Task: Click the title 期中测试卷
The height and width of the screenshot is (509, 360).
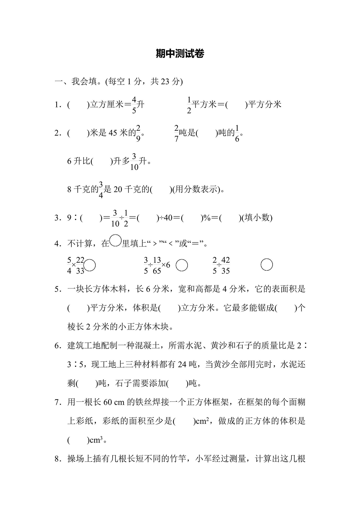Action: pos(180,54)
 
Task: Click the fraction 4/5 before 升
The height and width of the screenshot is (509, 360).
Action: pos(134,105)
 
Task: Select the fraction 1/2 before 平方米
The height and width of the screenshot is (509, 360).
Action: pos(189,105)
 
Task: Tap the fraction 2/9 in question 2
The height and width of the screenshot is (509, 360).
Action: pos(138,133)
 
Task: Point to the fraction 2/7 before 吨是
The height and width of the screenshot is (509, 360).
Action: pos(176,133)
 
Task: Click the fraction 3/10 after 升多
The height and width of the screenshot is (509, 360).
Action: pos(134,162)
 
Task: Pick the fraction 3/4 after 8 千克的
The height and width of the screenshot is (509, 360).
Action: pos(101,190)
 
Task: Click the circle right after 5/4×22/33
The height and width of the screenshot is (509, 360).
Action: pos(90,265)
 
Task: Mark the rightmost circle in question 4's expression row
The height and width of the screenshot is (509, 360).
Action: pos(267,265)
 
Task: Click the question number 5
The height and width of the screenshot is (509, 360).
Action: pos(57,289)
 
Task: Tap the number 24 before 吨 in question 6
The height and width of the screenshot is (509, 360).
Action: pos(182,364)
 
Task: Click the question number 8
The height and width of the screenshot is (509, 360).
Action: pos(57,459)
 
